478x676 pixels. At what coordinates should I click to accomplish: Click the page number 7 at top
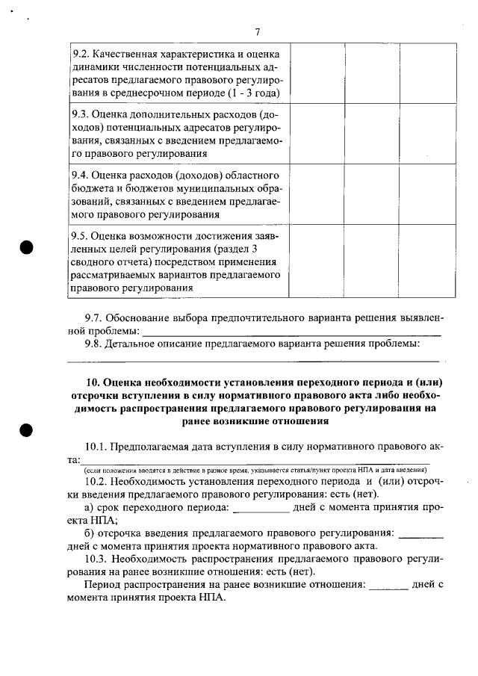(x=256, y=31)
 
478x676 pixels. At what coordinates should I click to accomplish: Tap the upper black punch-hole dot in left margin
(x=28, y=247)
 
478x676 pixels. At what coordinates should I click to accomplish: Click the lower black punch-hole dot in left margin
(x=28, y=429)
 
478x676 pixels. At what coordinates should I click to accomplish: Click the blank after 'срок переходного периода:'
(x=261, y=509)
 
